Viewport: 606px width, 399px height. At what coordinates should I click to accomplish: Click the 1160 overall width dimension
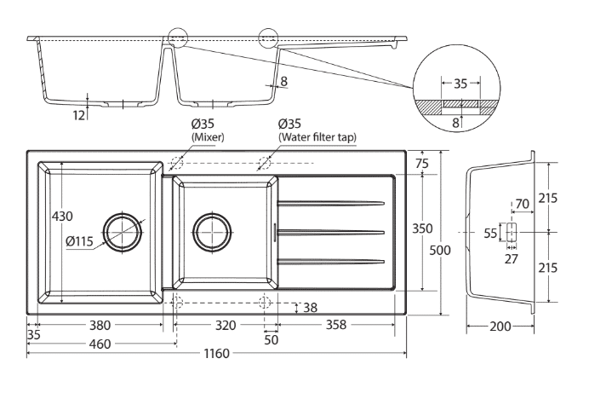(x=214, y=354)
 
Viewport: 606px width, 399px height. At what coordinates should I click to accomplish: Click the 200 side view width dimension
(x=500, y=326)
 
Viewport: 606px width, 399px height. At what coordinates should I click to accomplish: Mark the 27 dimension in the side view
(x=511, y=258)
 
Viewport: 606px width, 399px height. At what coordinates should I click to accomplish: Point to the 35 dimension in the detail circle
(x=460, y=84)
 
